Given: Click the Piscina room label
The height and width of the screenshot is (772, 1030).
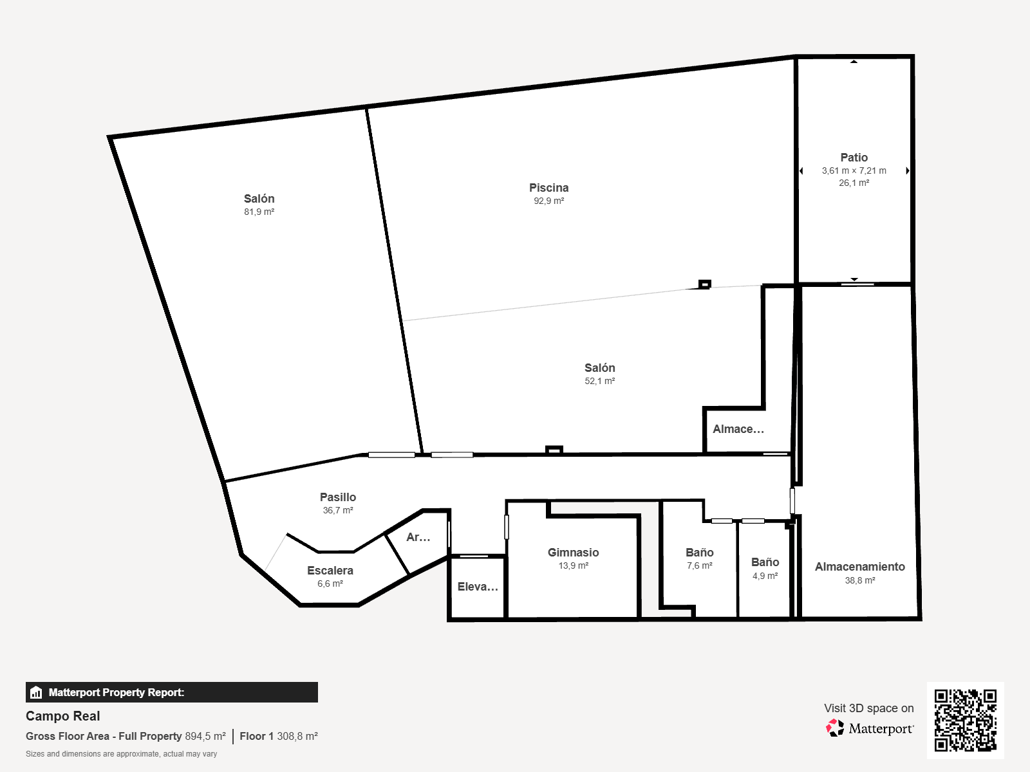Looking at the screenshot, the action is [x=548, y=188].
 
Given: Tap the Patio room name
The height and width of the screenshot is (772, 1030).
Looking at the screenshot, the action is [x=854, y=158].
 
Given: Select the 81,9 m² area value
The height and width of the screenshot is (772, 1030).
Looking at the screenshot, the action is [x=259, y=212].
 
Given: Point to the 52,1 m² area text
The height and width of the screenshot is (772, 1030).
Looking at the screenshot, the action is [x=600, y=381].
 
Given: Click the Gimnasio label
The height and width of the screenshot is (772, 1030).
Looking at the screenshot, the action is [x=573, y=553].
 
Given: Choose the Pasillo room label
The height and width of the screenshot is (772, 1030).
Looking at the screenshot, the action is [x=338, y=497].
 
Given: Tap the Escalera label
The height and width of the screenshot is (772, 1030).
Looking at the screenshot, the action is [x=330, y=571].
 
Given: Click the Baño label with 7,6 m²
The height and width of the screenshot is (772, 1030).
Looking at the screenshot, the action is [x=699, y=553].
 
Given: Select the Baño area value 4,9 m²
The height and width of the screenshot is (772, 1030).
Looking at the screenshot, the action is [x=765, y=576].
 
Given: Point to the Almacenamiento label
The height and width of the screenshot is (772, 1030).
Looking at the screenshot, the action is [x=859, y=567].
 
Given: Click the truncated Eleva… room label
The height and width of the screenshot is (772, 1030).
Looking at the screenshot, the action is [x=478, y=587].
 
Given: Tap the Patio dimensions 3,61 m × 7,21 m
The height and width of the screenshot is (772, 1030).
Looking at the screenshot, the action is [x=854, y=170].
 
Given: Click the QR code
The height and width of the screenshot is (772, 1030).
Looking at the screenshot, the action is [x=965, y=720].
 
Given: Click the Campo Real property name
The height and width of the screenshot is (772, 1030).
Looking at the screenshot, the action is [x=63, y=716].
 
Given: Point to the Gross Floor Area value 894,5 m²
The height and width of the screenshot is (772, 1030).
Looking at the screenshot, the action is [x=205, y=737].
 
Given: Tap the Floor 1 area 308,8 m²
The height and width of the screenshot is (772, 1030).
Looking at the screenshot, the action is [x=297, y=737].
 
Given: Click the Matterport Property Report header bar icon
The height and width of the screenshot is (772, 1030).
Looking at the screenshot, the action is [x=35, y=692].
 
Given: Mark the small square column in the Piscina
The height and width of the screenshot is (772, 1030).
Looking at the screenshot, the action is [x=704, y=284].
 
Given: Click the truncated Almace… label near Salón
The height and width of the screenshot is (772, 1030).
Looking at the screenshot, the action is [x=738, y=429].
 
